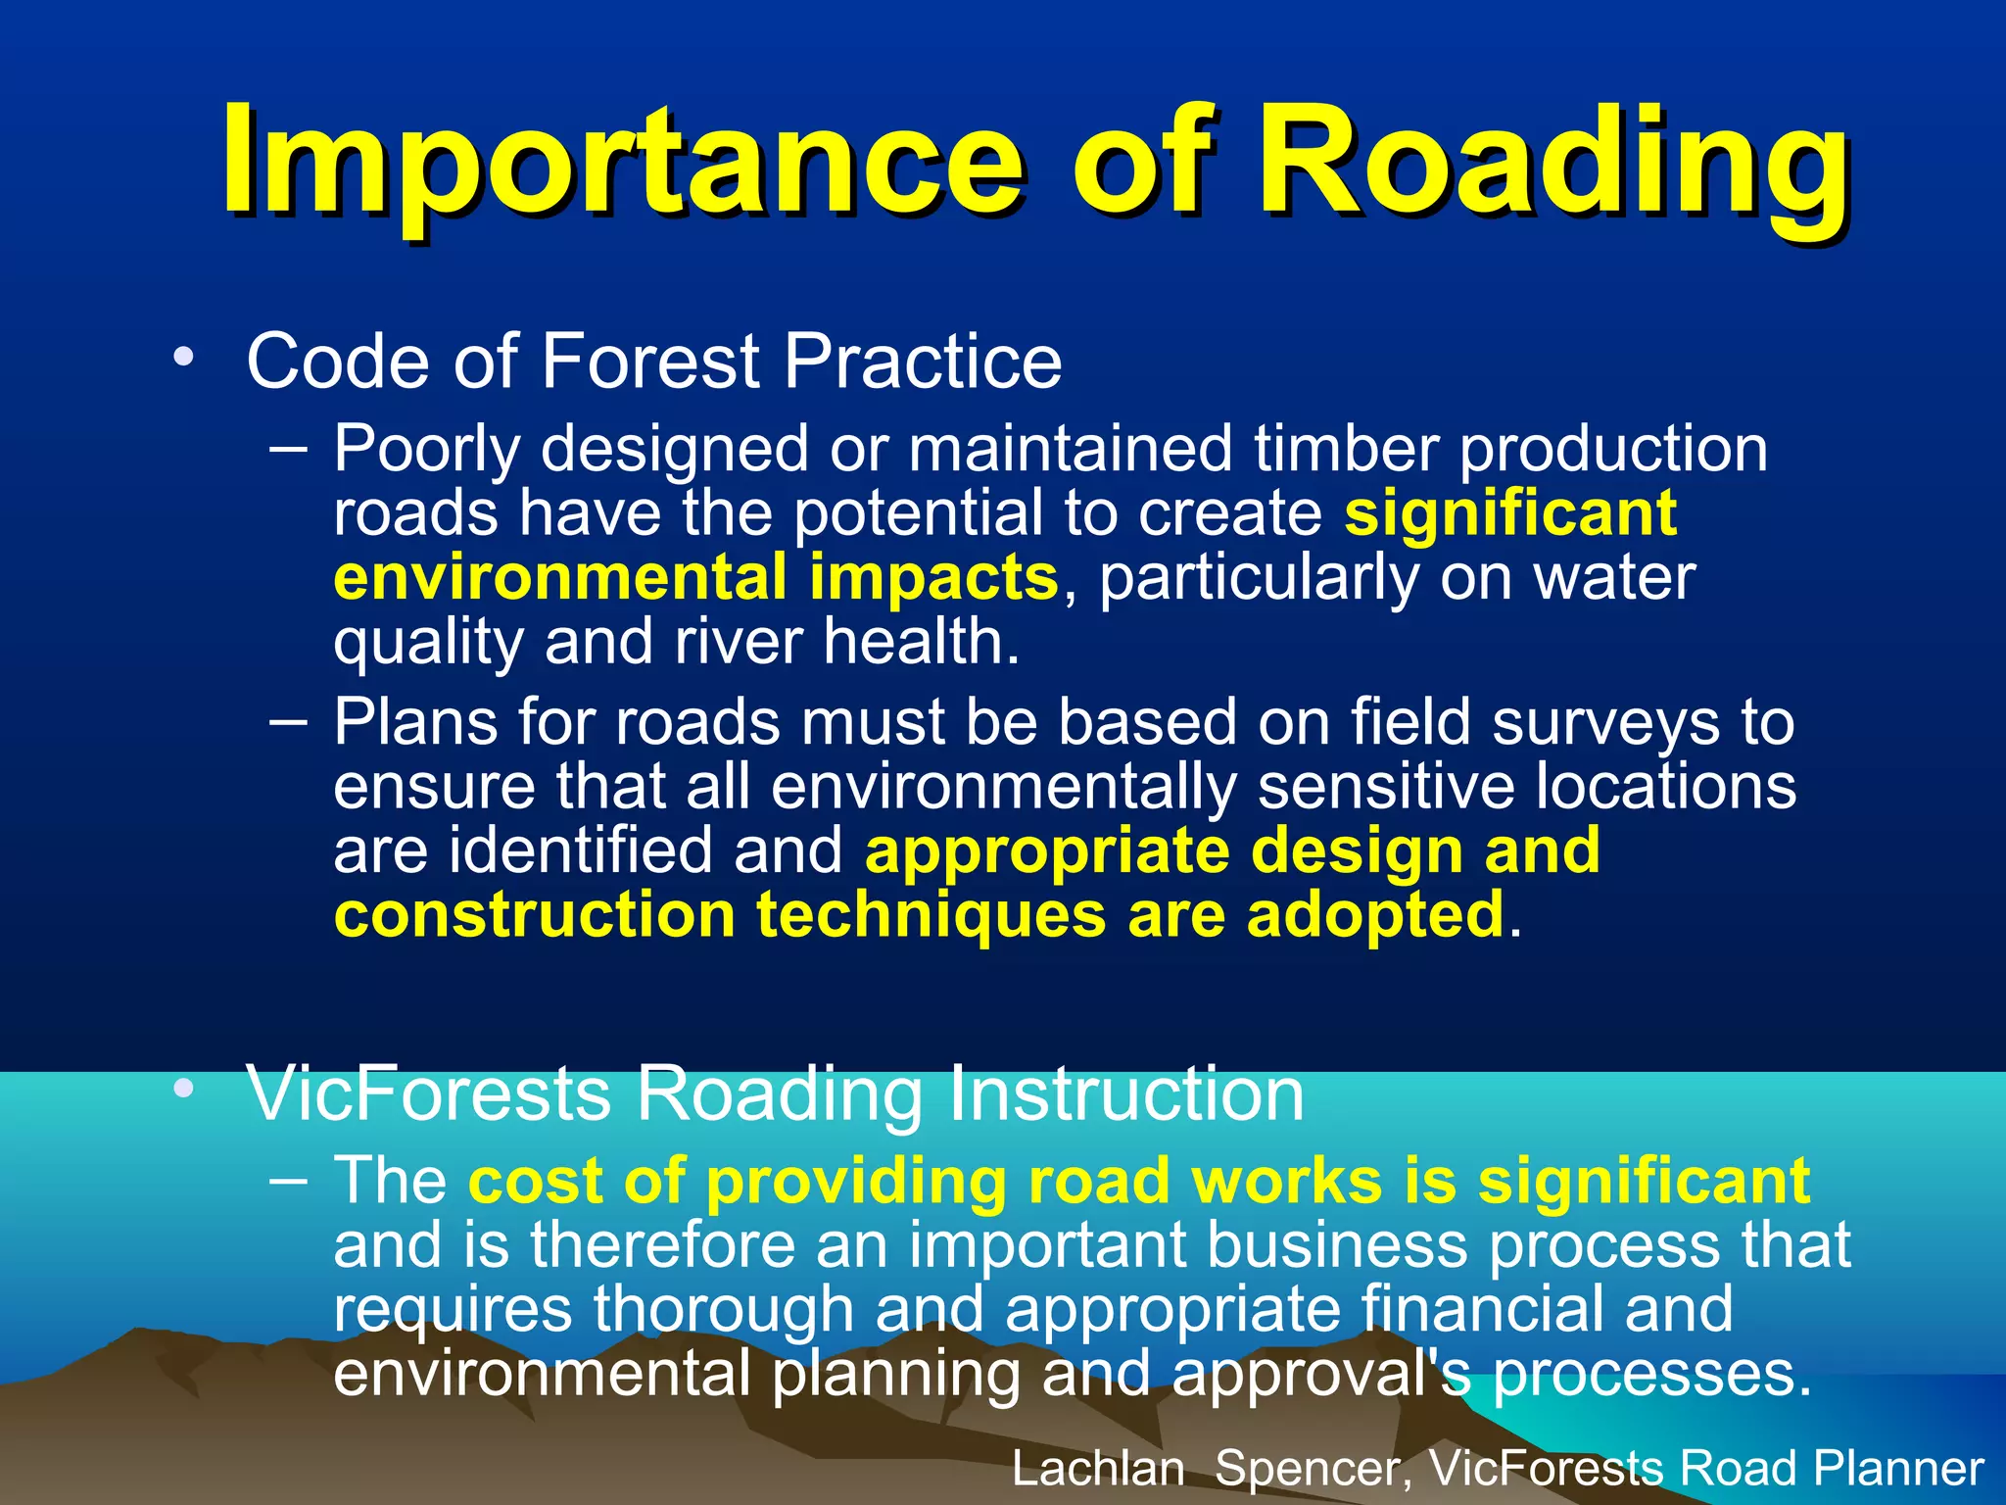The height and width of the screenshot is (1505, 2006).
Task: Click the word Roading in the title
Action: pyautogui.click(x=1552, y=162)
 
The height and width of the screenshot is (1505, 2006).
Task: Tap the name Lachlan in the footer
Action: pyautogui.click(x=1097, y=1469)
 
